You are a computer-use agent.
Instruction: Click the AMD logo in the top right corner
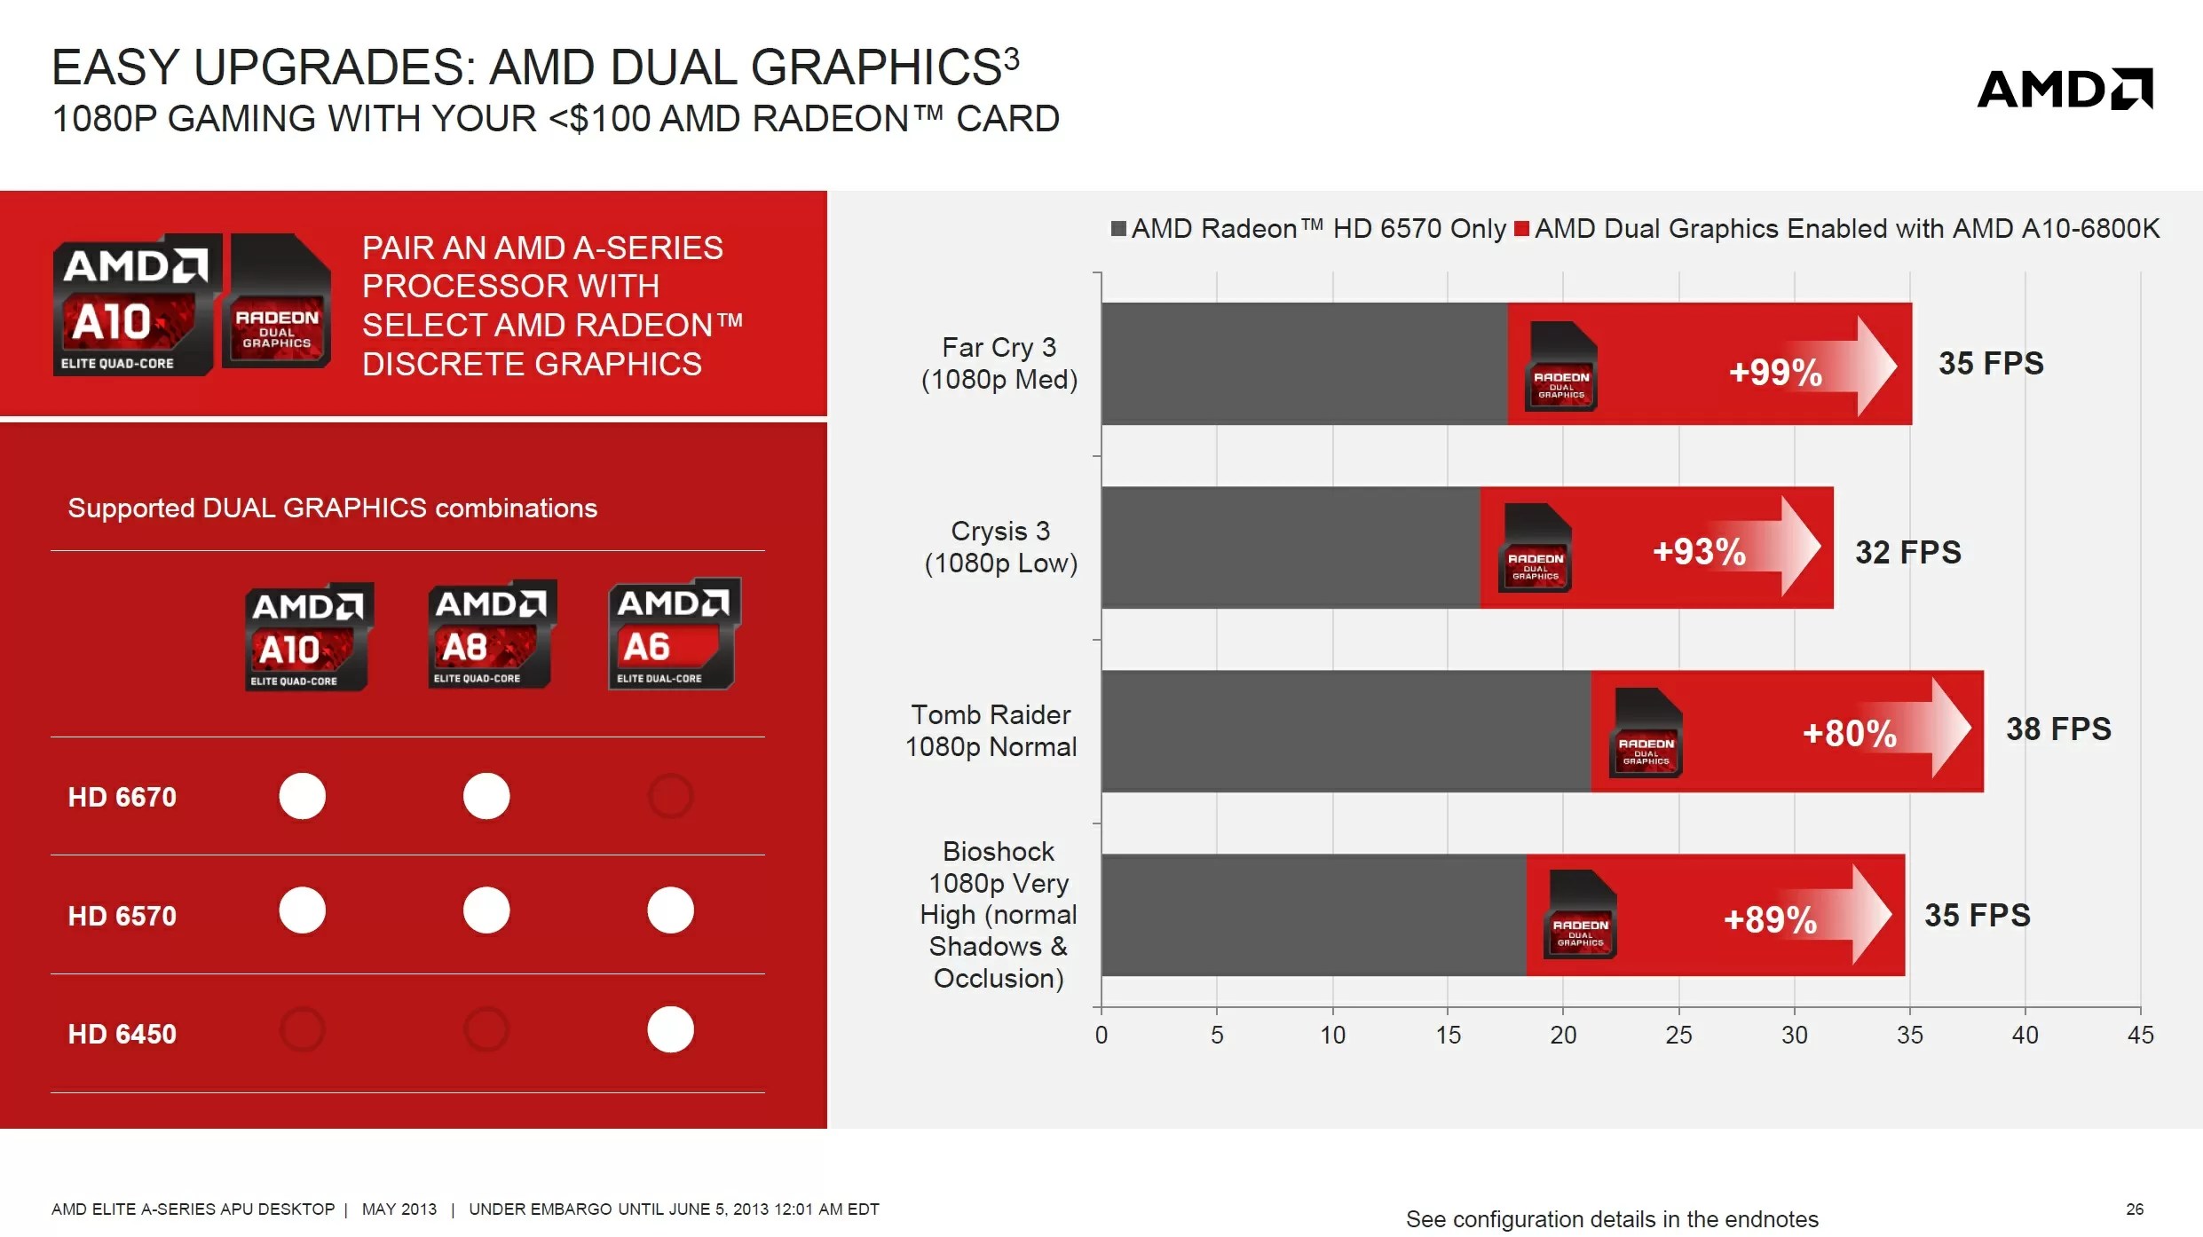pyautogui.click(x=2065, y=89)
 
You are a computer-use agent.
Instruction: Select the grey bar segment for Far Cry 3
pyautogui.click(x=1303, y=364)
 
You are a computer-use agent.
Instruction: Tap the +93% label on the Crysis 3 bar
pyautogui.click(x=1699, y=552)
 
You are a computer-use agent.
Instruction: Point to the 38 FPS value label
pyautogui.click(x=2058, y=729)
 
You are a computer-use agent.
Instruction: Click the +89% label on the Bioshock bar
pyautogui.click(x=1770, y=920)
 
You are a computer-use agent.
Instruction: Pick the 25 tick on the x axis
pyautogui.click(x=1678, y=1035)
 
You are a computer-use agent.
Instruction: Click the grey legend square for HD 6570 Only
pyautogui.click(x=1118, y=229)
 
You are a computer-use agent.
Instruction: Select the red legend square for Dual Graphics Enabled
pyautogui.click(x=1521, y=229)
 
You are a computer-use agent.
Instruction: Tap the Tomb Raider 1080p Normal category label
pyautogui.click(x=991, y=730)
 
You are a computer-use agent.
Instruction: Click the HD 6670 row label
pyautogui.click(x=122, y=797)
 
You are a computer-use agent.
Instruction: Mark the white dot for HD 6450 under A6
pyautogui.click(x=670, y=1029)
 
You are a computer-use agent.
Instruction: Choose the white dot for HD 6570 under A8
pyautogui.click(x=486, y=910)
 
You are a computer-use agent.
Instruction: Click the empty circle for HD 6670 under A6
pyautogui.click(x=670, y=796)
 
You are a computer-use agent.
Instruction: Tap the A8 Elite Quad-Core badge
pyautogui.click(x=492, y=635)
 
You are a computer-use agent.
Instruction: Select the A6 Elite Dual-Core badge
pyautogui.click(x=674, y=634)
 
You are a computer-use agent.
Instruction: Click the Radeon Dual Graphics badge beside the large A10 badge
pyautogui.click(x=277, y=302)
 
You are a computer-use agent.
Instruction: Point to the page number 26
pyautogui.click(x=2135, y=1209)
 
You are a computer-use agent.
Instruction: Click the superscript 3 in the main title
pyautogui.click(x=1011, y=59)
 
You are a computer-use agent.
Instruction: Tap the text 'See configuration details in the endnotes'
pyautogui.click(x=1612, y=1219)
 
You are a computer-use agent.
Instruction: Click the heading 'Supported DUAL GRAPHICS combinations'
pyautogui.click(x=333, y=508)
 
